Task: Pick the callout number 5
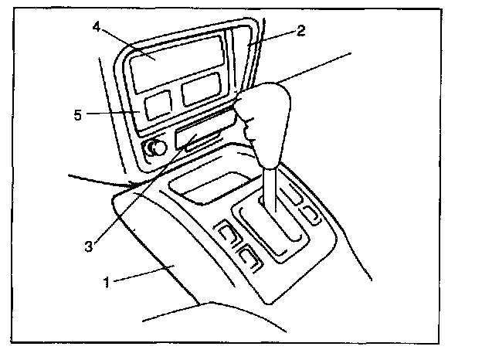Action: (x=77, y=115)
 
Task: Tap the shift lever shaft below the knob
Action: (x=270, y=189)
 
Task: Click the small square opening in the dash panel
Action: (x=158, y=104)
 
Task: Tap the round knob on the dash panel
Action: (x=158, y=147)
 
